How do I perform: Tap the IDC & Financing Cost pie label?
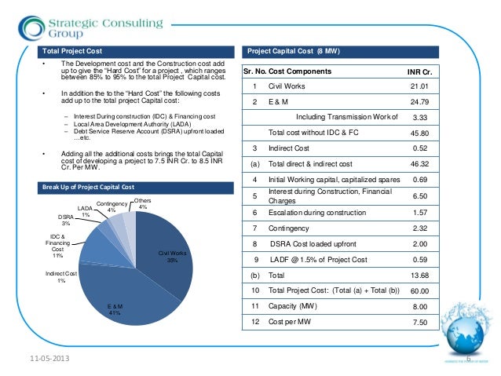57,244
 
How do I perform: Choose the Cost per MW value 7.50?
421,321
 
